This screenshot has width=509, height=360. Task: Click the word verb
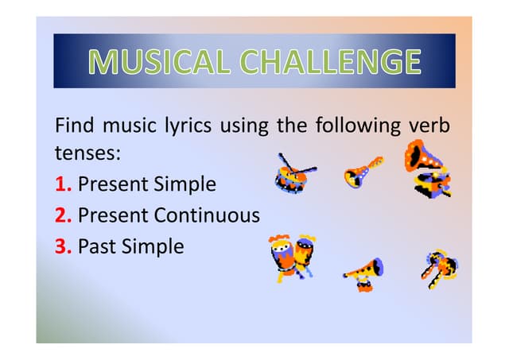(x=429, y=126)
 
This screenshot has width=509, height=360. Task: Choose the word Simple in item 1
(x=185, y=184)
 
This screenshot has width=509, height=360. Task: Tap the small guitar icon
(x=362, y=172)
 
